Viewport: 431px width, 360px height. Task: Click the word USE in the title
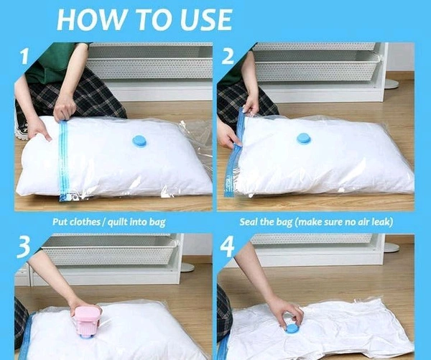pos(206,19)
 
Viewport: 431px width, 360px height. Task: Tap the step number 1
pos(24,56)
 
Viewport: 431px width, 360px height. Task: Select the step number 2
pos(228,56)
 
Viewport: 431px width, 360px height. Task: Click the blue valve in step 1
pos(140,141)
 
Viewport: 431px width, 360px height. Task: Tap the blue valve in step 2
pos(304,139)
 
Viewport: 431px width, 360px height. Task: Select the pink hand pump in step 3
pos(85,322)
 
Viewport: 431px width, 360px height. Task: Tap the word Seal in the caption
pos(249,221)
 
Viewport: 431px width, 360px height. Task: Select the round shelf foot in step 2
pos(391,84)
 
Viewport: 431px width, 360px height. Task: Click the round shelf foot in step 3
pos(187,267)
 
